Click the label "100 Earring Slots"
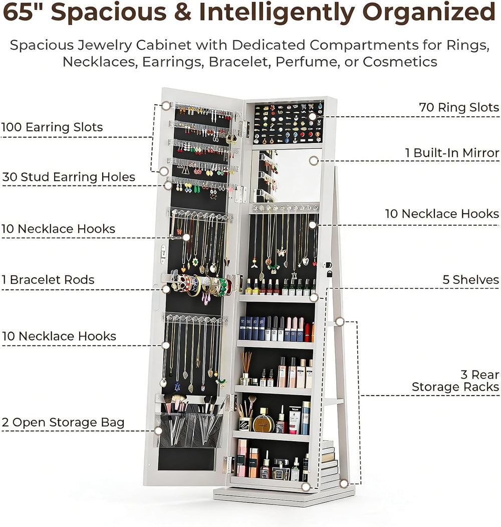click(52, 127)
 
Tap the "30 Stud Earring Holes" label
click(69, 177)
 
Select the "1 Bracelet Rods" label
click(48, 280)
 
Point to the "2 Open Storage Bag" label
click(63, 423)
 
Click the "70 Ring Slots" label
click(459, 107)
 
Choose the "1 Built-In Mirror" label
click(452, 153)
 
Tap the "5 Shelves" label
click(471, 280)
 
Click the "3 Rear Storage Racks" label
click(456, 381)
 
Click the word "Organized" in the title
click(429, 12)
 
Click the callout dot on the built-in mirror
click(314, 160)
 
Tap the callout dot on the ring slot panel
click(312, 117)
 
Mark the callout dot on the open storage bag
click(158, 431)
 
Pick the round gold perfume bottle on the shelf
click(263, 421)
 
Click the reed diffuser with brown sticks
click(246, 368)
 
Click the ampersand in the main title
click(183, 12)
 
